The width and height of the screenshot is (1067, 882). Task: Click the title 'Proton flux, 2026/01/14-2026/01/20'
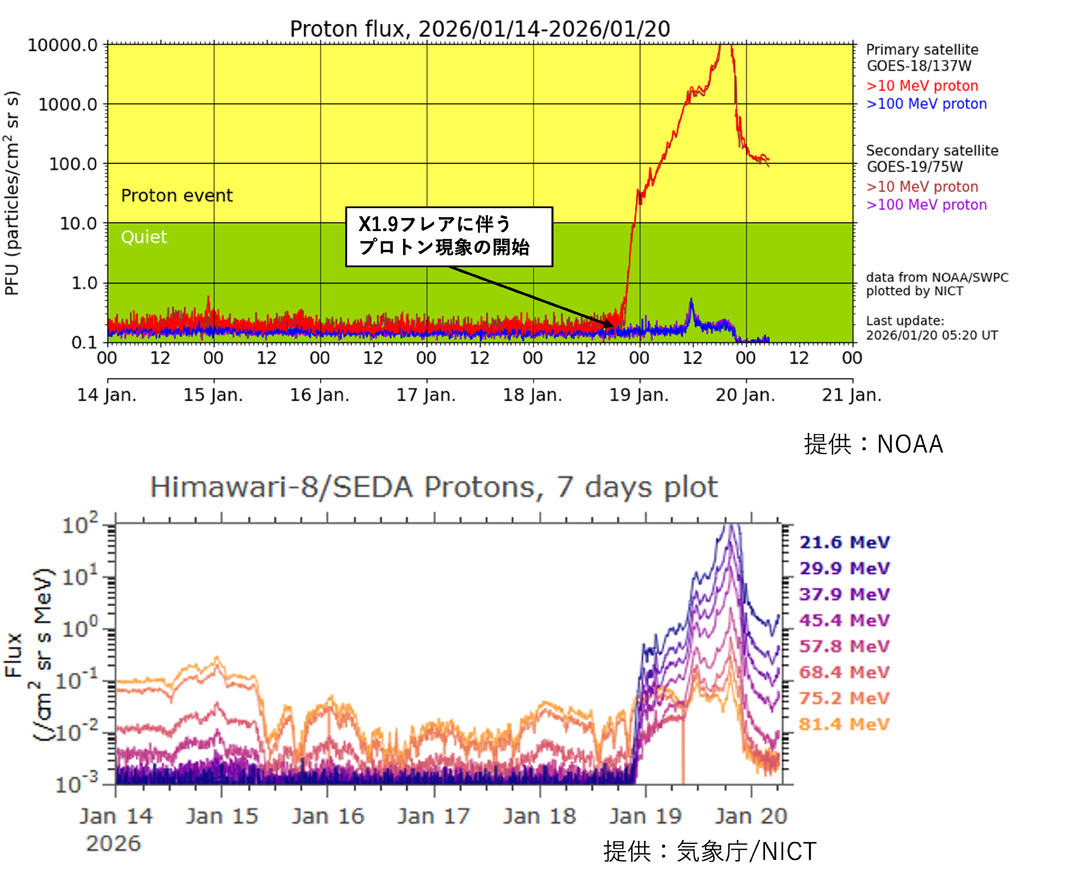pos(480,29)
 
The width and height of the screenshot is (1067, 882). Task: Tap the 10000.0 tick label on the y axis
pos(63,45)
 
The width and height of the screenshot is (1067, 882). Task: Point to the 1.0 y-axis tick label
pos(84,283)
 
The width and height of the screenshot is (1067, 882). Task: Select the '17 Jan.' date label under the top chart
pos(426,395)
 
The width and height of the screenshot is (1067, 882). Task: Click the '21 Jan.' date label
pos(851,395)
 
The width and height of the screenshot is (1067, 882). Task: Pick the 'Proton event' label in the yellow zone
pos(177,195)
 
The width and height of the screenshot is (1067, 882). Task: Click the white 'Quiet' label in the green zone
pos(144,237)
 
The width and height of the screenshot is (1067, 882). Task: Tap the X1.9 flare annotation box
pos(449,236)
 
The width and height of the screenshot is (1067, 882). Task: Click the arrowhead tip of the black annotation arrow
pos(614,326)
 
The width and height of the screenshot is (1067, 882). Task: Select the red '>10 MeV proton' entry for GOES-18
pos(922,86)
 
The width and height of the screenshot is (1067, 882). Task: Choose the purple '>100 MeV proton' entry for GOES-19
pos(926,205)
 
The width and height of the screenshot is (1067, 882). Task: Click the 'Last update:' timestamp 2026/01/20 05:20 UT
pos(932,335)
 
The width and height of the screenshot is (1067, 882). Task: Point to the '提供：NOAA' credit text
pos(873,445)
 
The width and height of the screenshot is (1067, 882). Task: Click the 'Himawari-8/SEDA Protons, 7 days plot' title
pos(433,487)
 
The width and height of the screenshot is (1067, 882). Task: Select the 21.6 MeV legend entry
pos(844,543)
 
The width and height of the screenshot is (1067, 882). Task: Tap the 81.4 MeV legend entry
pos(844,725)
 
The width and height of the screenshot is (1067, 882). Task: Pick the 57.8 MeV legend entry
pos(844,647)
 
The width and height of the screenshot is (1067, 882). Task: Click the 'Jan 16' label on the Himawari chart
pos(328,816)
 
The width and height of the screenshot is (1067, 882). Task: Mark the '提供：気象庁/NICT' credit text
pos(710,852)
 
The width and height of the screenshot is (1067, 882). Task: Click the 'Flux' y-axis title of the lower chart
pos(14,655)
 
